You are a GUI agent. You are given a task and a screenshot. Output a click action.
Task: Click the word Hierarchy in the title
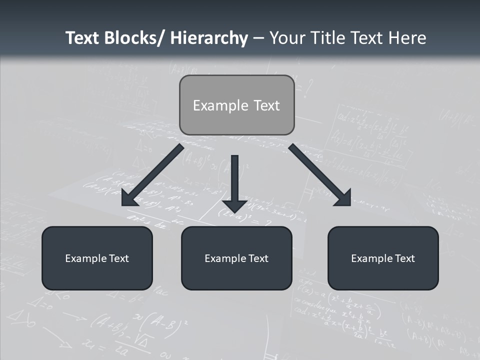[x=209, y=38]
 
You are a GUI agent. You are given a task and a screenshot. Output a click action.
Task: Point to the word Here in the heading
[x=406, y=38]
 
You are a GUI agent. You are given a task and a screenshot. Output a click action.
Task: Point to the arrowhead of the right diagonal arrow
[x=344, y=198]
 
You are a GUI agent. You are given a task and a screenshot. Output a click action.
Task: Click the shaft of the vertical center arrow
[x=234, y=175]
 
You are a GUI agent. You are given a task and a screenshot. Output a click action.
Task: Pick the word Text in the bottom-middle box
[x=258, y=258]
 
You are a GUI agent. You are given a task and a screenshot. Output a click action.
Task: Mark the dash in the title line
[x=258, y=38]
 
